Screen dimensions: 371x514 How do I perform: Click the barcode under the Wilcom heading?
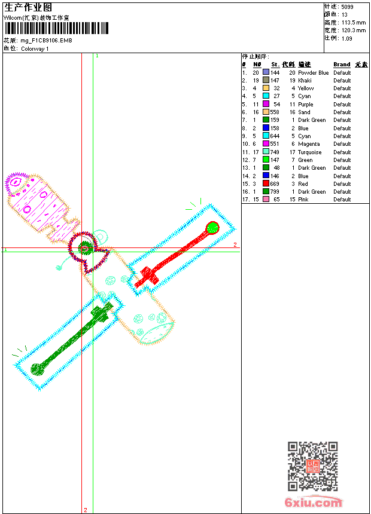56,28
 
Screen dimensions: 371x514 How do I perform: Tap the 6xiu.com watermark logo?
314,502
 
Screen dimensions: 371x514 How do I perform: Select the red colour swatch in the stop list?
266,183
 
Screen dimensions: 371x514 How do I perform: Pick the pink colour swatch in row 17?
266,199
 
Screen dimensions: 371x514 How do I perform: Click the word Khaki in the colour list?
305,80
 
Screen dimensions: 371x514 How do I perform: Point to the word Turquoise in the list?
309,152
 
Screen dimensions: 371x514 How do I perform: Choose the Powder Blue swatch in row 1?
266,72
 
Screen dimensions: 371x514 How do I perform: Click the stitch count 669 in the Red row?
275,184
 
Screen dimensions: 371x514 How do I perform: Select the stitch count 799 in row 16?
275,192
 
